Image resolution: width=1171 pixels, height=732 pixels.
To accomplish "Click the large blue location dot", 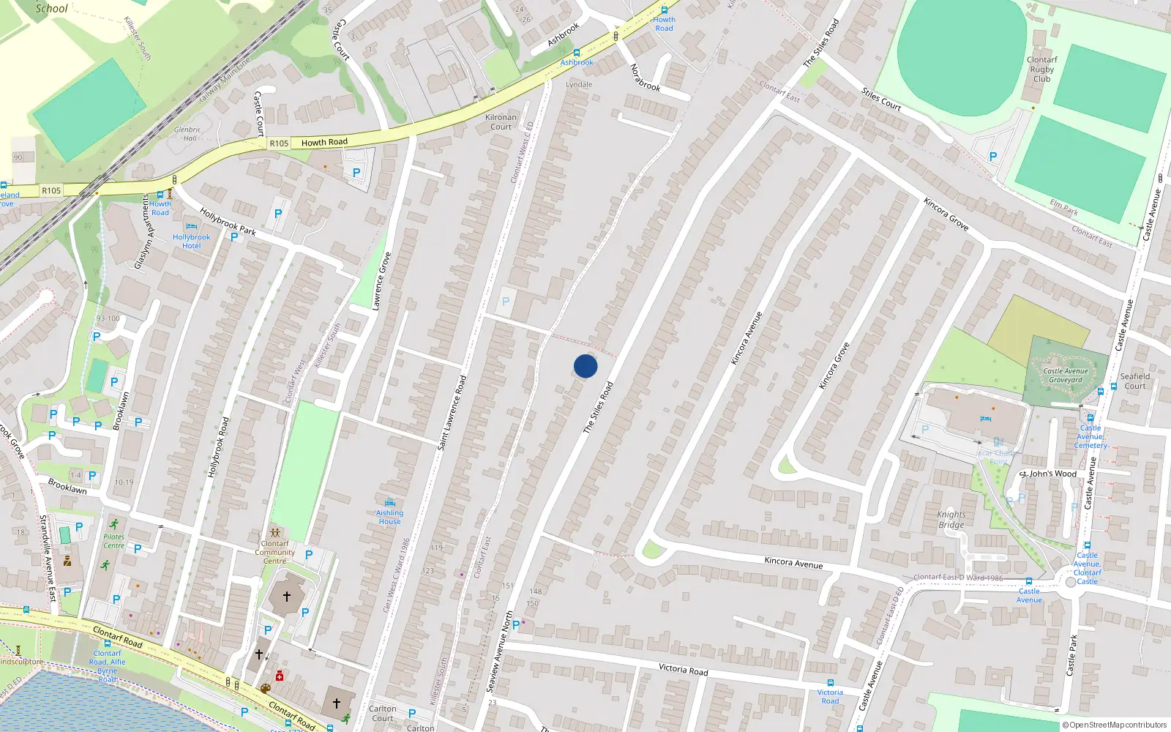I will pyautogui.click(x=585, y=366).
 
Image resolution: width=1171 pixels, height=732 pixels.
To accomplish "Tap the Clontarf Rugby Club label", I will pyautogui.click(x=1041, y=70).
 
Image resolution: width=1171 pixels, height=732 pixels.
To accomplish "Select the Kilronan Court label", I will pyautogui.click(x=501, y=122).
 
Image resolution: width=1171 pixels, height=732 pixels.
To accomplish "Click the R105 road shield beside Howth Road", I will pyautogui.click(x=279, y=143).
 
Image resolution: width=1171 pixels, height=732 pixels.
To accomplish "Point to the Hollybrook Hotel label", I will pyautogui.click(x=191, y=242).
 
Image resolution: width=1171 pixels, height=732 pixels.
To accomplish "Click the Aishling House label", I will pyautogui.click(x=389, y=517).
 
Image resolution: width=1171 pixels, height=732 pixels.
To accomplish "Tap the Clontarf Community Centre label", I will pyautogui.click(x=275, y=552).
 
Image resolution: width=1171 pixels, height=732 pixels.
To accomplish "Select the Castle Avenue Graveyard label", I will pyautogui.click(x=1066, y=376).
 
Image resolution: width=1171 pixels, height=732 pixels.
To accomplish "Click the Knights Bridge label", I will pyautogui.click(x=951, y=519).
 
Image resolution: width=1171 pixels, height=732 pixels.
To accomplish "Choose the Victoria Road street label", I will pyautogui.click(x=683, y=668).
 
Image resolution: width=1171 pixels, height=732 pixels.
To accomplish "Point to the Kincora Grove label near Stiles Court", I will pyautogui.click(x=946, y=214).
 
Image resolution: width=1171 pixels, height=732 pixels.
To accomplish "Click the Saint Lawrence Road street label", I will pyautogui.click(x=452, y=413).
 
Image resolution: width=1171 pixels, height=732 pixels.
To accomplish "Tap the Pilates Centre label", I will pyautogui.click(x=113, y=541).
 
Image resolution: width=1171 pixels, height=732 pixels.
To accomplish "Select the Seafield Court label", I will pyautogui.click(x=1134, y=381).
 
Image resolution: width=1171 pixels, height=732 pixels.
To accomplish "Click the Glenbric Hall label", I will pyautogui.click(x=187, y=134).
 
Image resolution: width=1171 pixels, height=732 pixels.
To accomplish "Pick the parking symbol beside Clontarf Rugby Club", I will pyautogui.click(x=992, y=157).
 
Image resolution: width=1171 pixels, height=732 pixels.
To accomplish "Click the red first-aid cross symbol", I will pyautogui.click(x=279, y=676).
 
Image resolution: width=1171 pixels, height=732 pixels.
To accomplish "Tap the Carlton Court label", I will pyautogui.click(x=382, y=713).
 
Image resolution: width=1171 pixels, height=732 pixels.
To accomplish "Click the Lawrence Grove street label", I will pyautogui.click(x=381, y=281).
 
